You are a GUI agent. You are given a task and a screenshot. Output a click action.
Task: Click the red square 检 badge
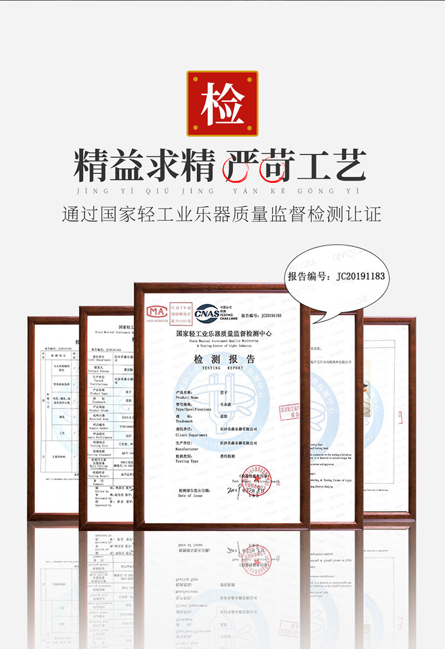[222, 103]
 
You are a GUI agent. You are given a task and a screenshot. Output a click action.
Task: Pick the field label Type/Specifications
[193, 409]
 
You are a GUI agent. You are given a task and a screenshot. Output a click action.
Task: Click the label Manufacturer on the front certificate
[188, 449]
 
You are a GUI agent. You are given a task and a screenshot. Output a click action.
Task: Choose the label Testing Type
[187, 461]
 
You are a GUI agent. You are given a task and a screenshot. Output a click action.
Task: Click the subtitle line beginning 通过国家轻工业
[222, 214]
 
